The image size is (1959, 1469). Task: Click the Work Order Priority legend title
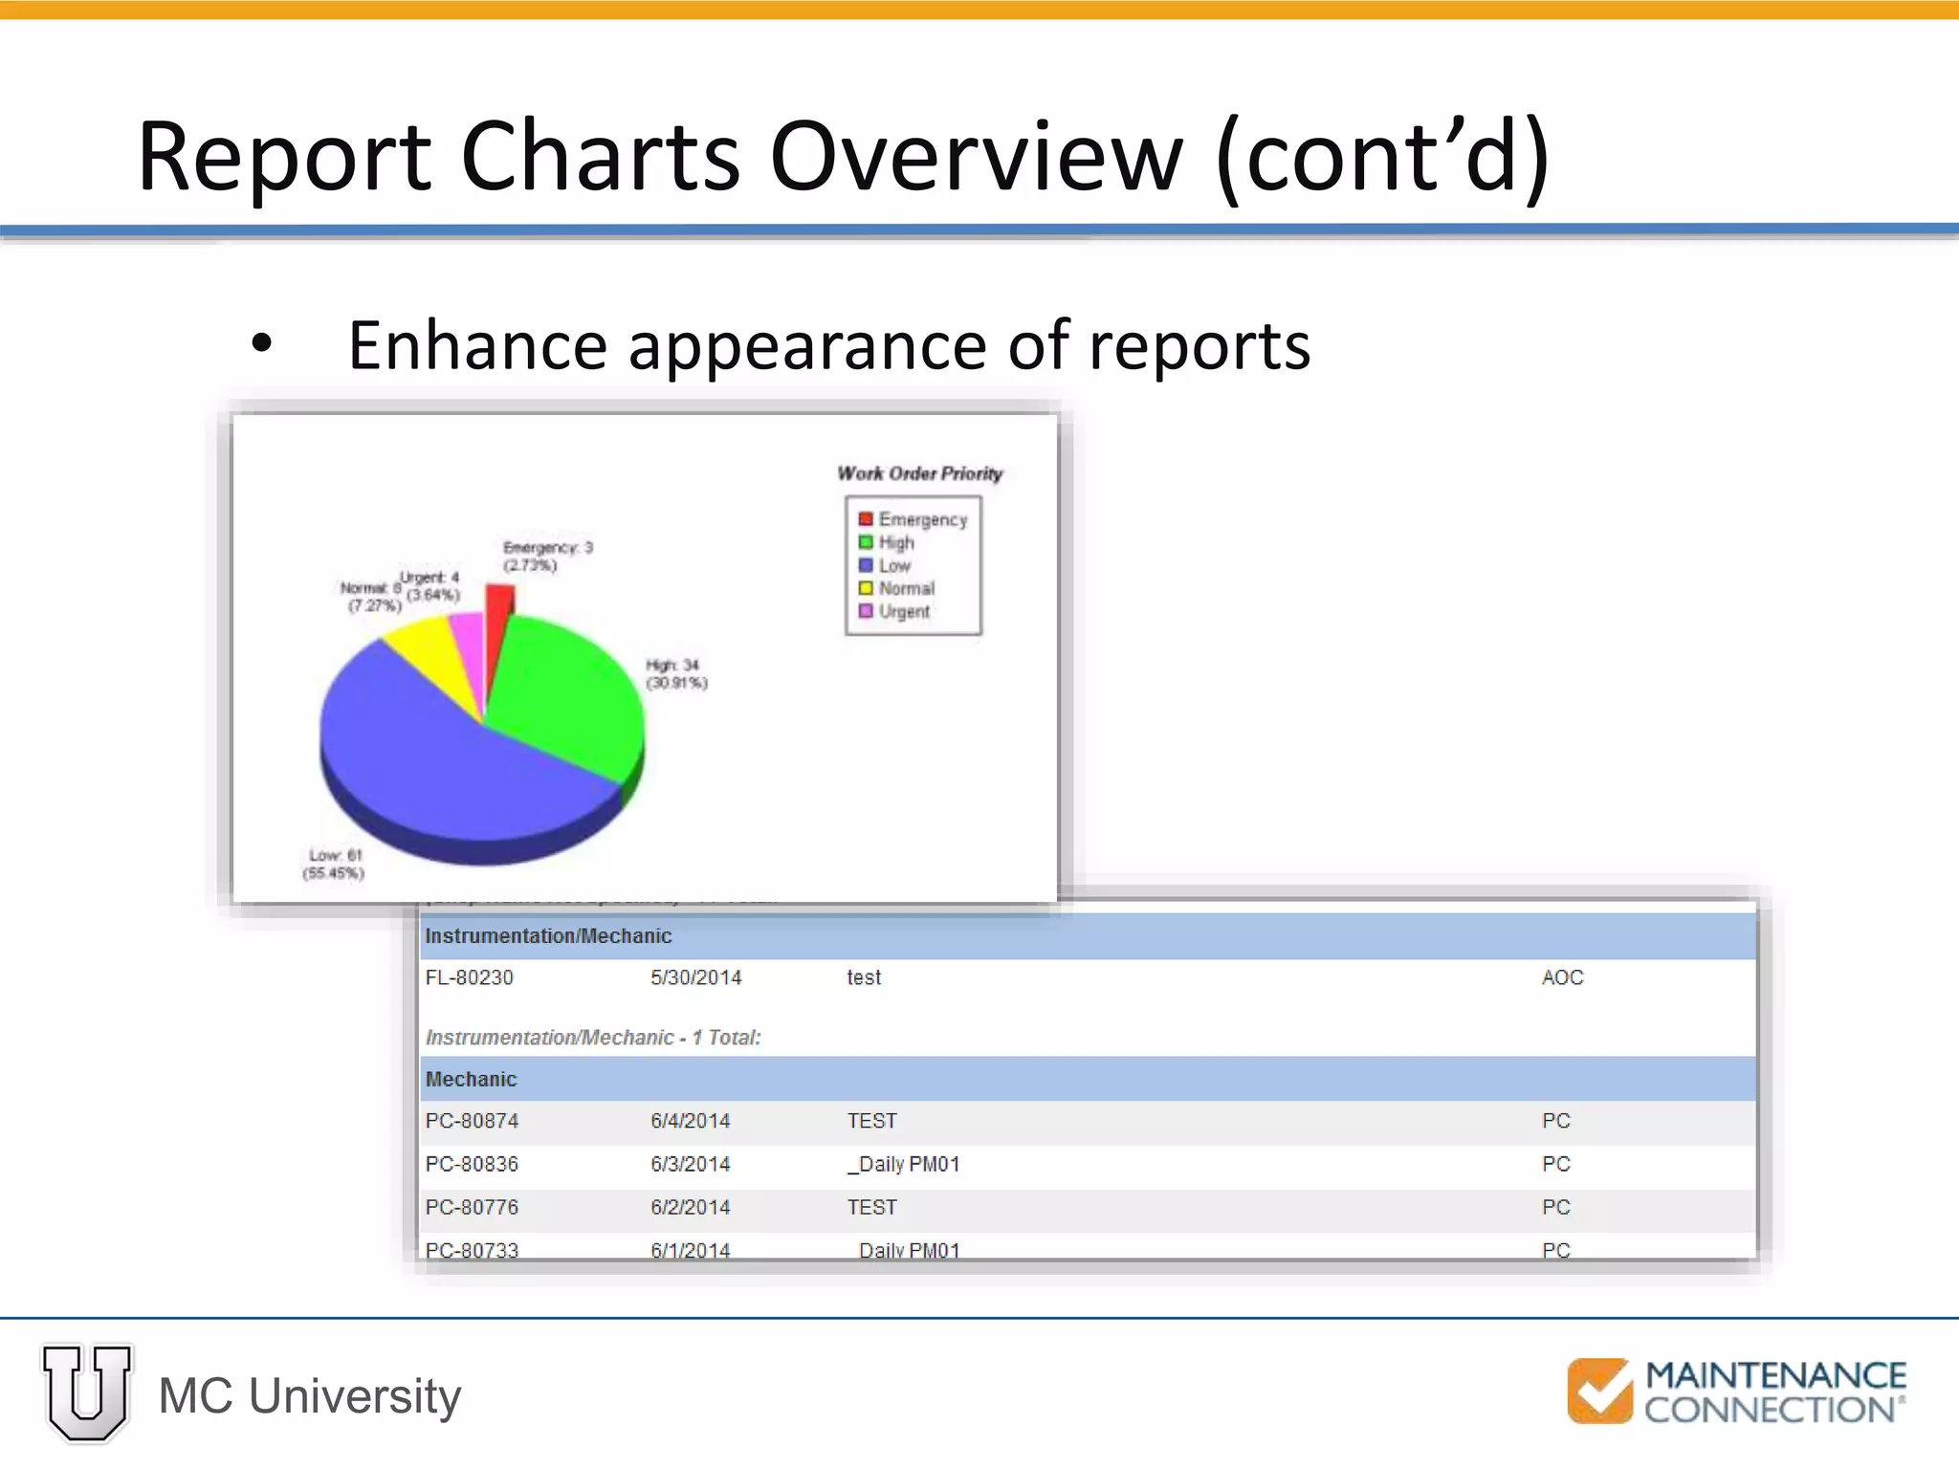pyautogui.click(x=919, y=473)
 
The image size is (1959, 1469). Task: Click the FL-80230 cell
pyautogui.click(x=470, y=977)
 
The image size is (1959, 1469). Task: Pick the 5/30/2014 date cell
pyautogui.click(x=695, y=977)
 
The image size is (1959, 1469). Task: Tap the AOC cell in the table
pyautogui.click(x=1562, y=977)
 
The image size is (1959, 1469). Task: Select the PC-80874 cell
pyautogui.click(x=472, y=1121)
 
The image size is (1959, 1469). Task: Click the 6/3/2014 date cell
pyautogui.click(x=690, y=1164)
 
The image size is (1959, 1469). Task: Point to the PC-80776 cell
pyautogui.click(x=472, y=1207)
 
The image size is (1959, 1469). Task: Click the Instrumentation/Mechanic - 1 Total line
pyautogui.click(x=593, y=1038)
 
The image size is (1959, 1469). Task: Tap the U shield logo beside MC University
pyautogui.click(x=86, y=1392)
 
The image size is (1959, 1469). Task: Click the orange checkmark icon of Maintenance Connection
pyautogui.click(x=1599, y=1391)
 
